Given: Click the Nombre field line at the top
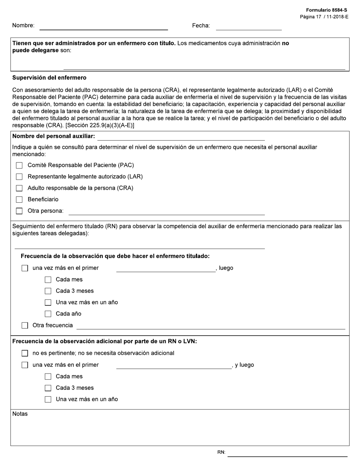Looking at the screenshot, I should coord(103,27).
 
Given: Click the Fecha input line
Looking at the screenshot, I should coord(249,27).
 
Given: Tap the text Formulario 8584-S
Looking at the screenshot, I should coord(326,10).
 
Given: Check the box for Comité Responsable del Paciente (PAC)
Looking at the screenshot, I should coord(19,166).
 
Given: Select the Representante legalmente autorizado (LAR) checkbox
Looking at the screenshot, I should coord(19,177).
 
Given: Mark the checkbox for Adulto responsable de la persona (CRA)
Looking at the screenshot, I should coord(19,188).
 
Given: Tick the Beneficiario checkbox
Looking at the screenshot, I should coord(19,200).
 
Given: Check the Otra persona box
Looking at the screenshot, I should coord(19,211).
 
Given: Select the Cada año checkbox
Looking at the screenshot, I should coord(48,314).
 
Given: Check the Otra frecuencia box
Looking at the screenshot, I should coord(25,325).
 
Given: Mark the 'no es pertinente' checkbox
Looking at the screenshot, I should coord(25,353).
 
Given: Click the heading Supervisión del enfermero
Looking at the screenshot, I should coord(49,78).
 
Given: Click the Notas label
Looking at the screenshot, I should coord(20,414).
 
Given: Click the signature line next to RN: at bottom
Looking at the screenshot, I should coord(287,453).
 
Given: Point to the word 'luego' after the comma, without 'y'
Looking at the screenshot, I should coord(226,268).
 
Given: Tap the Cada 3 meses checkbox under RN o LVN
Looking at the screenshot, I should coord(48,388).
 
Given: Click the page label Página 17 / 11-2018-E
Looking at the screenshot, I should coord(324,17).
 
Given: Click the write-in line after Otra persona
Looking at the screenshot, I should coord(166,212).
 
